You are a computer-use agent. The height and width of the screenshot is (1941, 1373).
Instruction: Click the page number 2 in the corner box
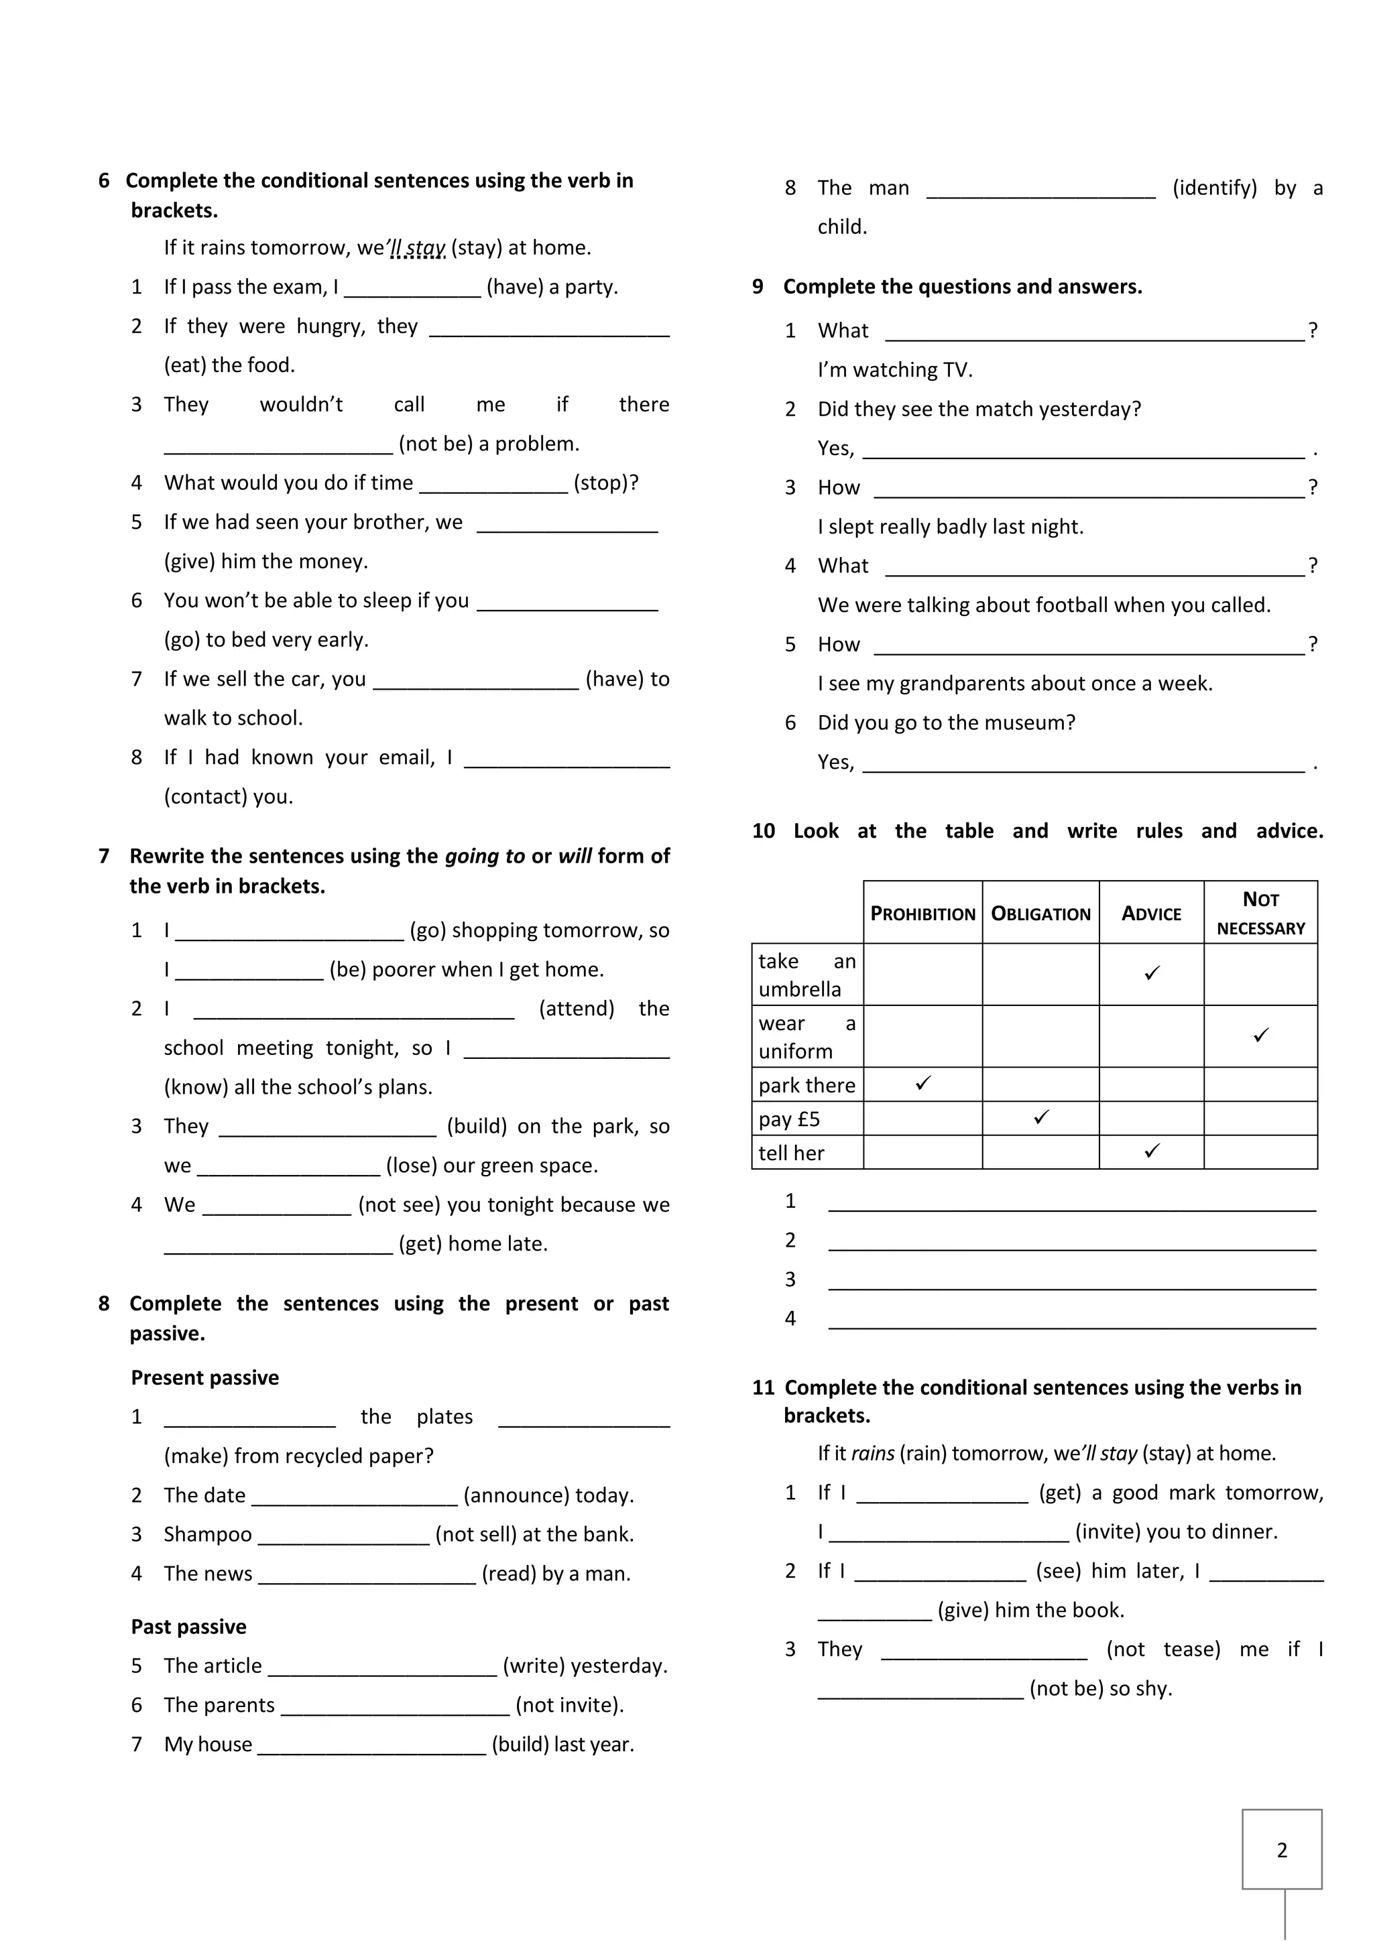[x=1282, y=1850]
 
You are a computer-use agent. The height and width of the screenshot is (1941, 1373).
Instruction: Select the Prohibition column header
[x=922, y=913]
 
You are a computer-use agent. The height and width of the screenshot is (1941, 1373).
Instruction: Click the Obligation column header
[x=1040, y=913]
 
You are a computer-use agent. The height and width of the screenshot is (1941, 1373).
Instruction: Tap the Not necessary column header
[x=1260, y=913]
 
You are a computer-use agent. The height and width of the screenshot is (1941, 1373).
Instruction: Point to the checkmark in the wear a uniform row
[x=1260, y=1035]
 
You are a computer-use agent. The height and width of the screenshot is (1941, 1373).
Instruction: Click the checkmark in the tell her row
[x=1152, y=1151]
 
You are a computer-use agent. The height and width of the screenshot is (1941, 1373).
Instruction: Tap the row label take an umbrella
[x=807, y=975]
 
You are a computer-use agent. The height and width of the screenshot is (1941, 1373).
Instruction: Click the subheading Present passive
[x=204, y=1377]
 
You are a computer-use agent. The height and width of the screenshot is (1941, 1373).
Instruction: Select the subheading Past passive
[x=188, y=1627]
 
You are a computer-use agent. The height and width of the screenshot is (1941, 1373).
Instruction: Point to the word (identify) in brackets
[x=1214, y=188]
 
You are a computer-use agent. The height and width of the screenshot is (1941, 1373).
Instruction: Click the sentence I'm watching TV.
[x=894, y=370]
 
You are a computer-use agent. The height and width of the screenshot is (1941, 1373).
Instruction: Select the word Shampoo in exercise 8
[x=208, y=1534]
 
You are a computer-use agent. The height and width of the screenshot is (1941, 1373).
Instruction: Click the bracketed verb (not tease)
[x=1162, y=1649]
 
